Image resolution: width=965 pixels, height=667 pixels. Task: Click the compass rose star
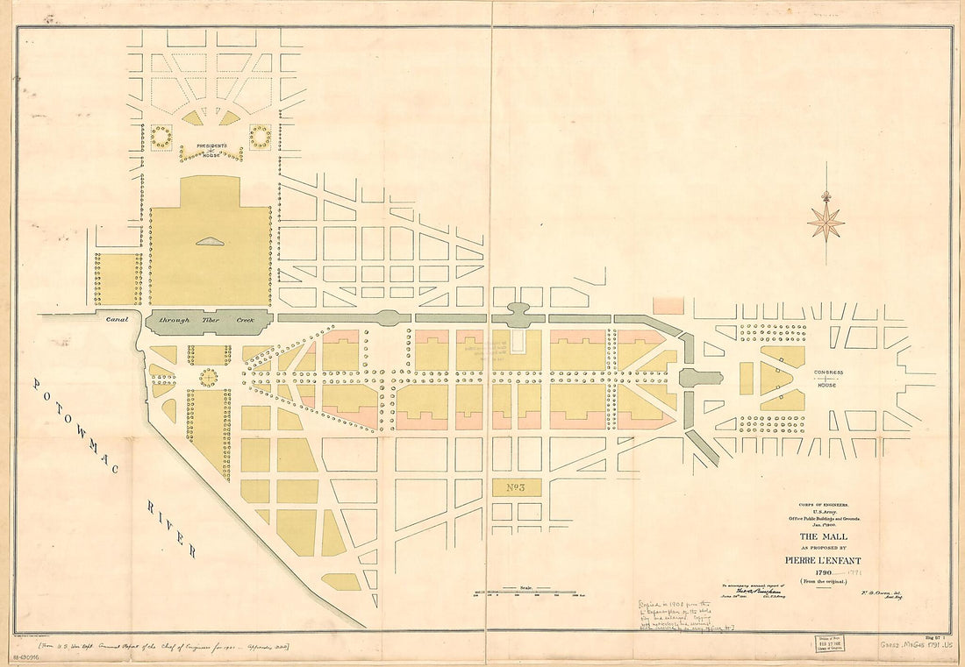[826, 222]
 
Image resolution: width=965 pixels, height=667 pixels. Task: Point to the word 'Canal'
[117, 320]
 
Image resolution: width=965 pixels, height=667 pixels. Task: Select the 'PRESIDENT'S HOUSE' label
[211, 150]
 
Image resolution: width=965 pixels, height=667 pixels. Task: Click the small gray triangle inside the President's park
[211, 241]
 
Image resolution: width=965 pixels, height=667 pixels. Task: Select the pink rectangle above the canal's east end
[668, 305]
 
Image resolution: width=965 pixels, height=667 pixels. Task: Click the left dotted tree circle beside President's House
[161, 137]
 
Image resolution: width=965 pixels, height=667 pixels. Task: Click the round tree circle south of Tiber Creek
[208, 377]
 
